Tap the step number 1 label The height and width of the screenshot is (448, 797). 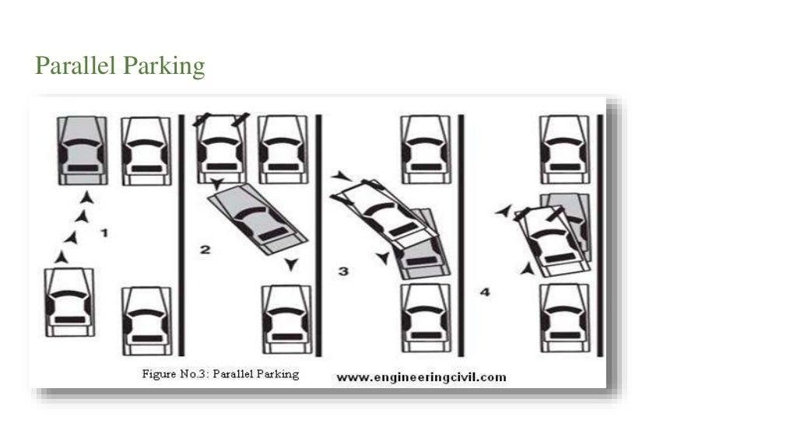[x=105, y=233]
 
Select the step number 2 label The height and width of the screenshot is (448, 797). [x=205, y=250]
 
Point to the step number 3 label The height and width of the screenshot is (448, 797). [x=343, y=271]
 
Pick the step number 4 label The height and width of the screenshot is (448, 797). [x=485, y=292]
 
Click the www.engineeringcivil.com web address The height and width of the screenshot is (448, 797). [x=420, y=378]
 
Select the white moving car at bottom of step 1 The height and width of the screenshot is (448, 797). [x=70, y=302]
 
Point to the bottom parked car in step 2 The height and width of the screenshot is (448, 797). [x=286, y=319]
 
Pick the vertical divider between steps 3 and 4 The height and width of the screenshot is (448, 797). [x=461, y=233]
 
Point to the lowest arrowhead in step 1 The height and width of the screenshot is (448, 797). [x=61, y=255]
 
